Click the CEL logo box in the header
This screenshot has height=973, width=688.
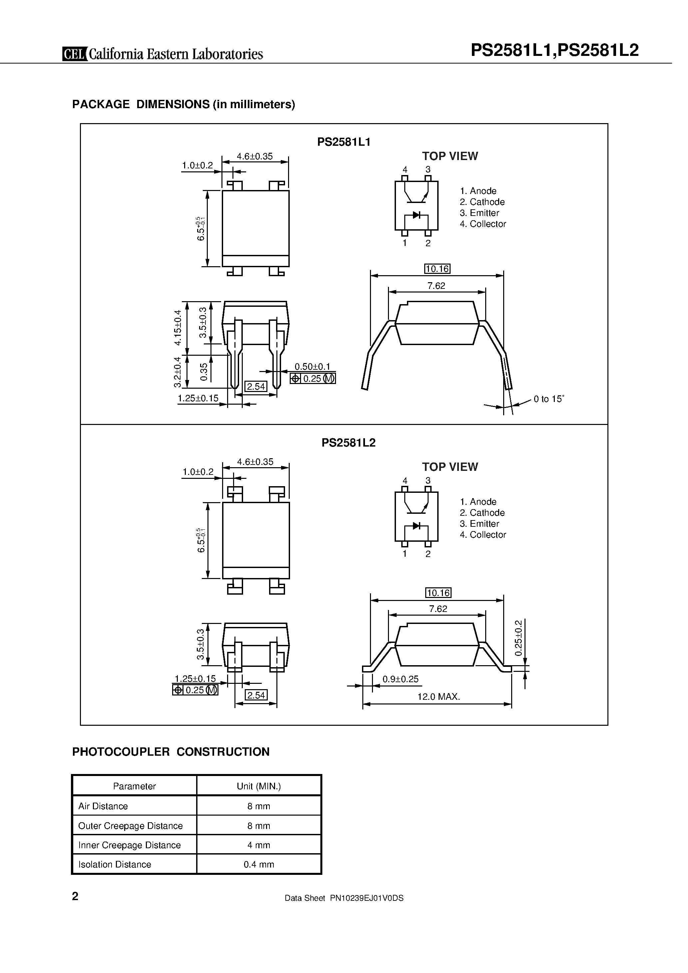click(x=75, y=54)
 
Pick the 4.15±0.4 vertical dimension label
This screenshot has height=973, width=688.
click(x=178, y=327)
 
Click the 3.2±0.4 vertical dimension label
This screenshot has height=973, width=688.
click(x=178, y=372)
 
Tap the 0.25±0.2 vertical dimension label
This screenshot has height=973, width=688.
click(x=518, y=638)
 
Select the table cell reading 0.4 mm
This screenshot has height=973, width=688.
click(x=259, y=865)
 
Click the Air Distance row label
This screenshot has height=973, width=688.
click(x=103, y=806)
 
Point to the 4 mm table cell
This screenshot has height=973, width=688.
click(x=259, y=845)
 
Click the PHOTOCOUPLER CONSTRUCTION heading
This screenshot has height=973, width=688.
click(x=171, y=752)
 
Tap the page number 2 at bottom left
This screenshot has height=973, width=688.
click(x=76, y=896)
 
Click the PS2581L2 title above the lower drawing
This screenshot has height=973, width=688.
click(x=348, y=443)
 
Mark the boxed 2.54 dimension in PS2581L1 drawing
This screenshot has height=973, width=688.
click(x=256, y=386)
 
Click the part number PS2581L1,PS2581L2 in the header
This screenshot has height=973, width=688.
click(x=554, y=51)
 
